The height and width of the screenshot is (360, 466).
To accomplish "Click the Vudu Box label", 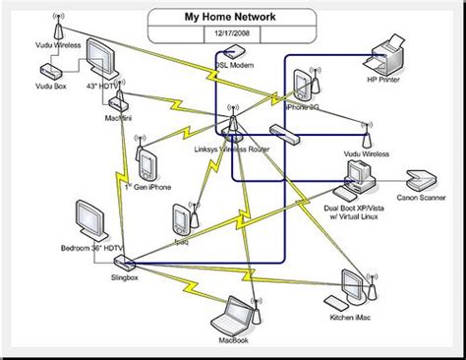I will point(45,88).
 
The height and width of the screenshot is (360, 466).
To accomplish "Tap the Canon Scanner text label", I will point(422,198).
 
